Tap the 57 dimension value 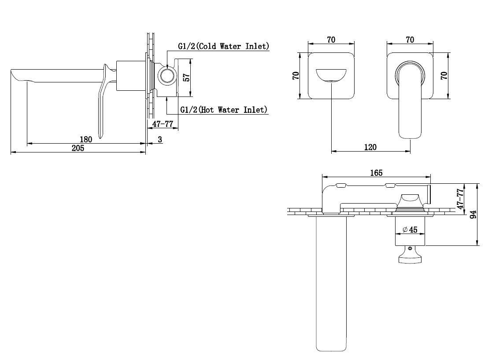pyautogui.click(x=186, y=77)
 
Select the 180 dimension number pyautogui.click(x=85, y=139)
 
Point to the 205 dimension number pyautogui.click(x=78, y=148)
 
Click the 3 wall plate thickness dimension pyautogui.click(x=160, y=140)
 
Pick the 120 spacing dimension pyautogui.click(x=370, y=147)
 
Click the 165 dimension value pyautogui.click(x=376, y=173)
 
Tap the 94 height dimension pyautogui.click(x=473, y=214)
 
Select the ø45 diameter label pyautogui.click(x=410, y=230)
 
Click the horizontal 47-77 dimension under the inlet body pyautogui.click(x=163, y=124)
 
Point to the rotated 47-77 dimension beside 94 pyautogui.click(x=460, y=199)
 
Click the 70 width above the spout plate pyautogui.click(x=331, y=40)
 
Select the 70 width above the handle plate pyautogui.click(x=410, y=40)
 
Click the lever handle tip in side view pyautogui.click(x=101, y=136)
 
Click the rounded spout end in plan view pyautogui.click(x=331, y=348)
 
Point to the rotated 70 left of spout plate pyautogui.click(x=296, y=76)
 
